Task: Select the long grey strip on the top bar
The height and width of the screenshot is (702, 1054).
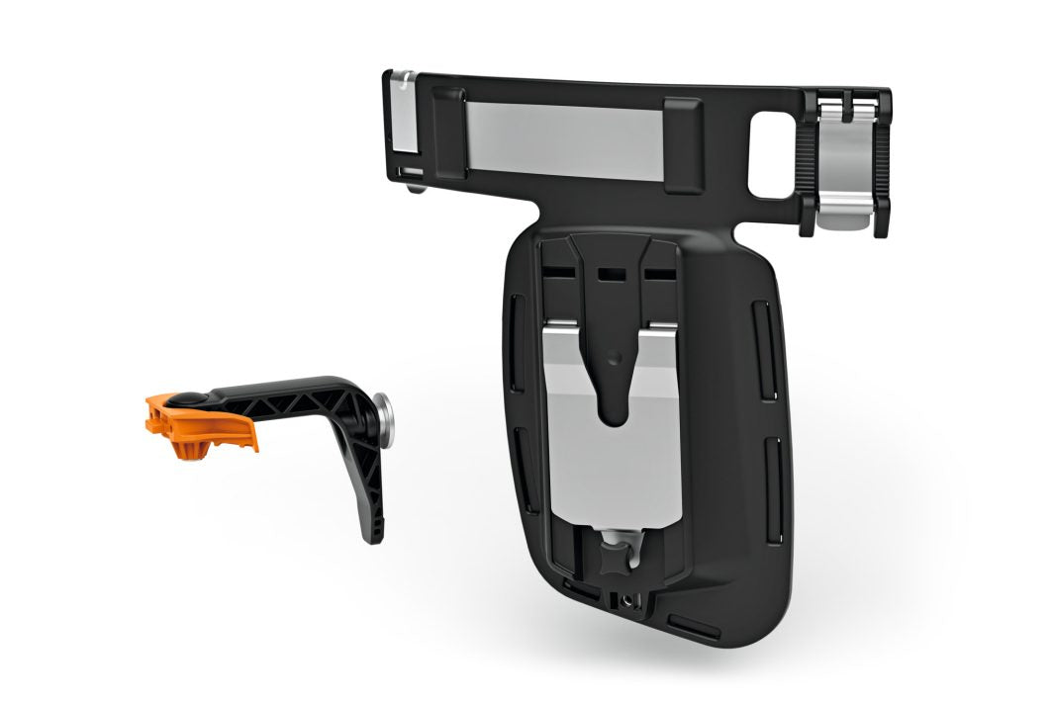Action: [x=568, y=139]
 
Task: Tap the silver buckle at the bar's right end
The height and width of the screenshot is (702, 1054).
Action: [x=847, y=158]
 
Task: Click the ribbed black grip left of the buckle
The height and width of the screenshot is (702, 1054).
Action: [x=814, y=163]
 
